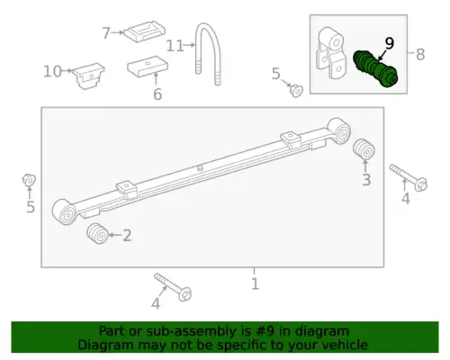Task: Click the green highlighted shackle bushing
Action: pos(375,68)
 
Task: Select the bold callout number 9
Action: pos(389,44)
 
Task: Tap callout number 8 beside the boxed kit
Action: pos(420,55)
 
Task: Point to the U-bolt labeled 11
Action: pos(209,54)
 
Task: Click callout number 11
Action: pos(175,46)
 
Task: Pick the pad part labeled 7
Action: pos(145,31)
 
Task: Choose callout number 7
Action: pos(106,32)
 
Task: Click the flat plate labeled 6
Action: pos(148,66)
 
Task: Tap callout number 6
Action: pos(157,94)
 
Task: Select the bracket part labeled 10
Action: pos(89,76)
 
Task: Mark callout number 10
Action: pos(52,72)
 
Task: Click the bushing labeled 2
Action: pos(97,233)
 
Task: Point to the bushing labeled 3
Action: pos(364,148)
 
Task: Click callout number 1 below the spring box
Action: pos(255,283)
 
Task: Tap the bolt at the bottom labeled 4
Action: pos(173,287)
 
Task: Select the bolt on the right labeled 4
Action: pos(409,177)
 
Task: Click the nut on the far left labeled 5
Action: pos(29,180)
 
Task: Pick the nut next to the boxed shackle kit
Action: pos(296,90)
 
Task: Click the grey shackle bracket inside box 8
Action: pos(331,53)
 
